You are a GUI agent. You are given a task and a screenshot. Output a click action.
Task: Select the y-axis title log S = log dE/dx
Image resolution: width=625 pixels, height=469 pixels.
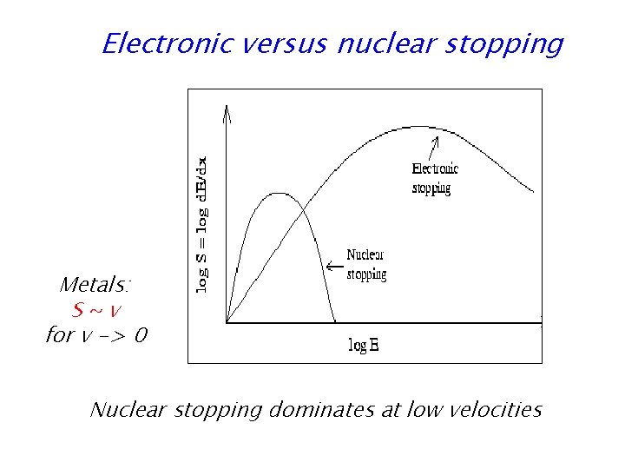[x=201, y=224]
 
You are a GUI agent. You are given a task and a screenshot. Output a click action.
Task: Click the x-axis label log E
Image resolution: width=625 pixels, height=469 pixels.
[x=364, y=346]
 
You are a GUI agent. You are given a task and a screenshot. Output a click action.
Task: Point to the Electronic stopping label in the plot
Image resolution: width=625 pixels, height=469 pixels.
[x=434, y=178]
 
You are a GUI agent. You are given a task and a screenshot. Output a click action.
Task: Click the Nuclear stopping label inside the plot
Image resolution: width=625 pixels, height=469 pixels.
[x=366, y=264]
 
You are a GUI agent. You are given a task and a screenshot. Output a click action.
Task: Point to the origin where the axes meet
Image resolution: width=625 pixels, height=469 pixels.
[x=227, y=323]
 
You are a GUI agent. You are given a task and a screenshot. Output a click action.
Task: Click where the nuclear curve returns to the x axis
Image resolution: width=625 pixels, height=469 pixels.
[x=336, y=323]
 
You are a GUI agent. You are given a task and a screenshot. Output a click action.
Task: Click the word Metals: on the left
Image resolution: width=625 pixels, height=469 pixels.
[x=95, y=285]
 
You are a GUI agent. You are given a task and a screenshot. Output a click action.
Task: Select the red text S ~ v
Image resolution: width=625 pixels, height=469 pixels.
[x=96, y=309]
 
